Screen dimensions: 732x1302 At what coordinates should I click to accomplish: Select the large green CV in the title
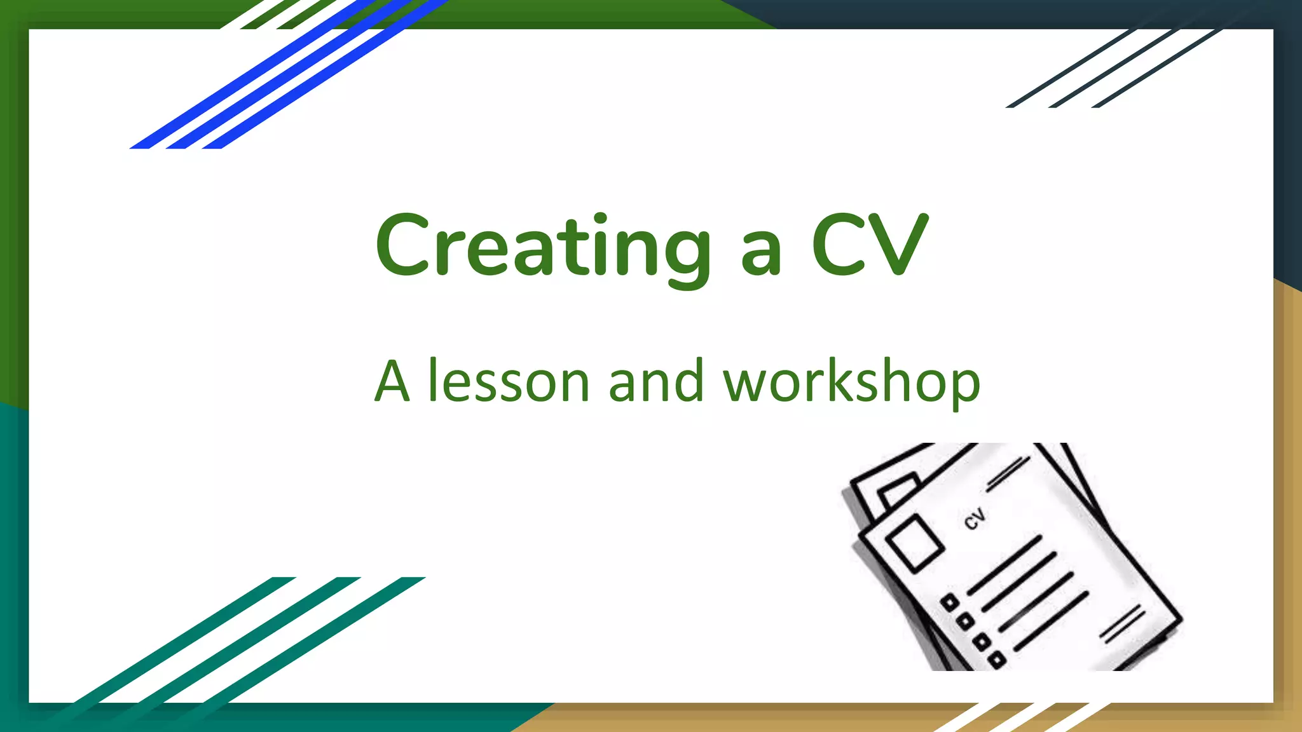870,245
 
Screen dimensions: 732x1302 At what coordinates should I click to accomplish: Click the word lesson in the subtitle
509,383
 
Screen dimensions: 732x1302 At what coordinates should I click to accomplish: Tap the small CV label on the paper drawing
975,518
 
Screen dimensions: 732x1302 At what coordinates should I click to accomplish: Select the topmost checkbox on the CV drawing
950,602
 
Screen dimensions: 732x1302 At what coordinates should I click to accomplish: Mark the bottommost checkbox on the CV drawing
997,660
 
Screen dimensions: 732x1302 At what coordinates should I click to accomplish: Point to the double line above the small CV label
1008,474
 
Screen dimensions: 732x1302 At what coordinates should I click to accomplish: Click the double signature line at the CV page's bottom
1122,624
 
